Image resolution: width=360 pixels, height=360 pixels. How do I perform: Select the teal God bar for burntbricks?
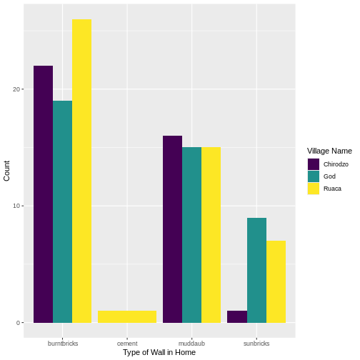62,211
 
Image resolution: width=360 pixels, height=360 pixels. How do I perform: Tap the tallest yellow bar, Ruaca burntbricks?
81,171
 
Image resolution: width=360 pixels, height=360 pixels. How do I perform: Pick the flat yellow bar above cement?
127,316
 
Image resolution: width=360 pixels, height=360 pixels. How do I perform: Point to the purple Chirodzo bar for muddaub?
172,229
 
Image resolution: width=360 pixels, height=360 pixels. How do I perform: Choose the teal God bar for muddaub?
191,235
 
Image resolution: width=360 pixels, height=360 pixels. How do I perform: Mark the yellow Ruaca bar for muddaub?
211,235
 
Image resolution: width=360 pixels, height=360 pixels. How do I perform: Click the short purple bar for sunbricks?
236,316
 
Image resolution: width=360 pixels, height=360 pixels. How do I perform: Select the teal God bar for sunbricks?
256,270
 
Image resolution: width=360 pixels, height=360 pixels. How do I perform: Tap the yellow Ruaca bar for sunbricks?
276,281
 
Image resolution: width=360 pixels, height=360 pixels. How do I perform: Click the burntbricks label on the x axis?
63,344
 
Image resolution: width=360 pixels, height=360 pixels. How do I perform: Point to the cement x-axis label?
127,344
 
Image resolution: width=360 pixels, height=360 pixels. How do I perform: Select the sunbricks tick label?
256,344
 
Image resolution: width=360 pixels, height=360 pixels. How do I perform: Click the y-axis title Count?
7,170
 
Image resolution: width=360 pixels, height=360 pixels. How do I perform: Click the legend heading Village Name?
329,151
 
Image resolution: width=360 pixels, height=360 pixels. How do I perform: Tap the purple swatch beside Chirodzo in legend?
313,164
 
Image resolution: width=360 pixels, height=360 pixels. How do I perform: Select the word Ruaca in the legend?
332,189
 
